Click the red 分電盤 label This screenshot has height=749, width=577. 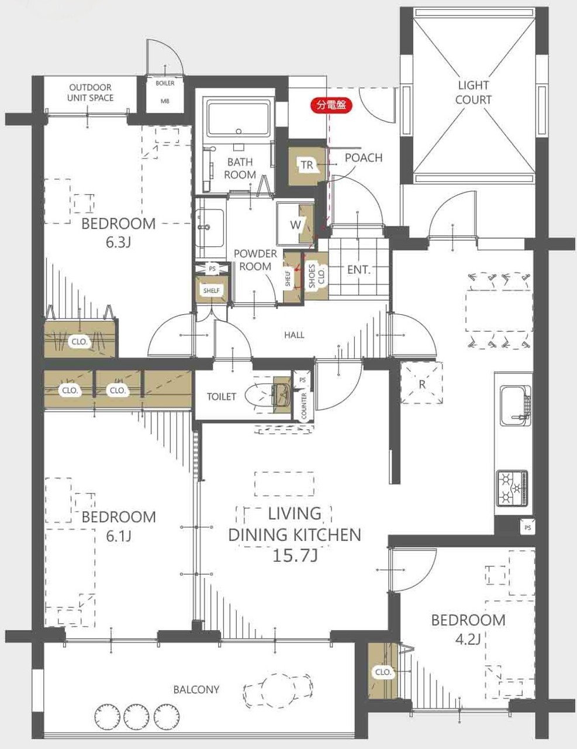click(331, 105)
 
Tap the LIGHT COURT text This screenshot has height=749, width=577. click(473, 92)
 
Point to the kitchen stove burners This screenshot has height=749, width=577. click(512, 488)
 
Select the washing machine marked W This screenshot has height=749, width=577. click(295, 224)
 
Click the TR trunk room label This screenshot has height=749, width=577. click(307, 165)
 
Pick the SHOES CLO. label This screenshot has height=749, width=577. click(316, 276)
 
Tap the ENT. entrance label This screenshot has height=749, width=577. click(359, 270)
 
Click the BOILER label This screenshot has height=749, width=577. click(165, 84)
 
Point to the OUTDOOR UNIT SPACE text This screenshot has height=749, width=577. click(90, 92)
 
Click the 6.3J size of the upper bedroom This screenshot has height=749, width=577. click(119, 243)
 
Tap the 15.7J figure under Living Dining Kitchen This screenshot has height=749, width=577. click(295, 555)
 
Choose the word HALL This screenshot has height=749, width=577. click(295, 335)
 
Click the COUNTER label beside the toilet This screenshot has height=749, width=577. click(303, 406)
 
